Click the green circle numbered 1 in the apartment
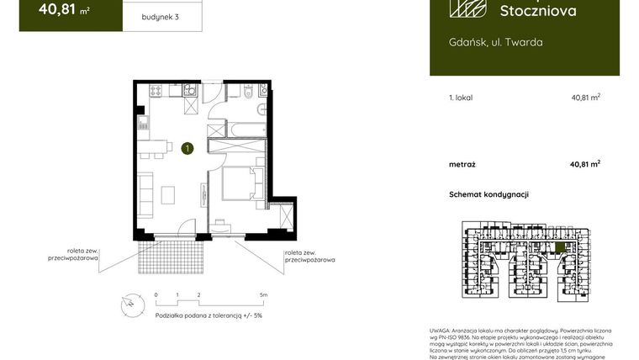tap(187, 149)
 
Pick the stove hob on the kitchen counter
tap(154, 90)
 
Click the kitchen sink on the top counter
tap(190, 90)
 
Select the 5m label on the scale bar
tap(263, 295)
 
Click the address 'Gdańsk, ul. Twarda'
tap(483, 42)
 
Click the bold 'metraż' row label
tap(463, 164)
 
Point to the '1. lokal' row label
tap(462, 98)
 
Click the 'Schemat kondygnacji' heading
tap(488, 194)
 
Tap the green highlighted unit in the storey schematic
tap(561, 246)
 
